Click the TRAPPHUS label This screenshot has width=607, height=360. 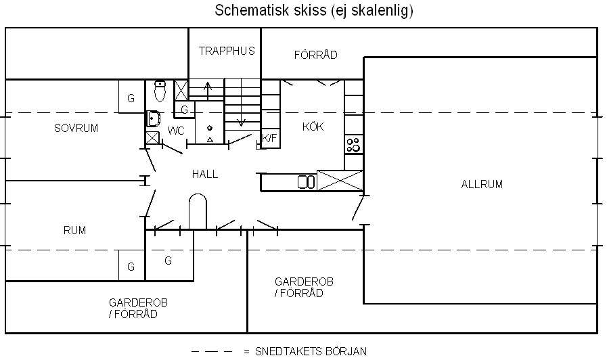pyautogui.click(x=227, y=51)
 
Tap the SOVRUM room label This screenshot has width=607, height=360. pyautogui.click(x=76, y=128)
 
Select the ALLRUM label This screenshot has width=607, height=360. pyautogui.click(x=482, y=184)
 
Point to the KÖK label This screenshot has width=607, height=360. pyautogui.click(x=313, y=126)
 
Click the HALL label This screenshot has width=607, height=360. pyautogui.click(x=205, y=174)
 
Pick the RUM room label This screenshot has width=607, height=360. pyautogui.click(x=74, y=230)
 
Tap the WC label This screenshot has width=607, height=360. pyautogui.click(x=176, y=131)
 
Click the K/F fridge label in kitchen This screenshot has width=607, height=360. pyautogui.click(x=269, y=138)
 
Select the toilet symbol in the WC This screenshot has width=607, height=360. pyautogui.click(x=160, y=91)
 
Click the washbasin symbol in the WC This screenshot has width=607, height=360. pyautogui.click(x=154, y=118)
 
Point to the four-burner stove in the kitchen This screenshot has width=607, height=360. pyautogui.click(x=353, y=145)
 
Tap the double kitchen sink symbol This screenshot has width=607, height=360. pyautogui.click(x=306, y=182)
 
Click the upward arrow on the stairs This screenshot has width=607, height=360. pyautogui.click(x=208, y=91)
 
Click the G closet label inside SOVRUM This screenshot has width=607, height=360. pyautogui.click(x=131, y=98)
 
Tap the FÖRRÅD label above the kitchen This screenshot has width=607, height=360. pyautogui.click(x=315, y=55)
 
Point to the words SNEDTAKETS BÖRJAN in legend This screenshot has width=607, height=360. pyautogui.click(x=311, y=351)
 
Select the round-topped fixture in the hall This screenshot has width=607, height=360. pyautogui.click(x=198, y=211)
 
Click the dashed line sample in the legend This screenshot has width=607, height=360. pyautogui.click(x=212, y=351)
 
